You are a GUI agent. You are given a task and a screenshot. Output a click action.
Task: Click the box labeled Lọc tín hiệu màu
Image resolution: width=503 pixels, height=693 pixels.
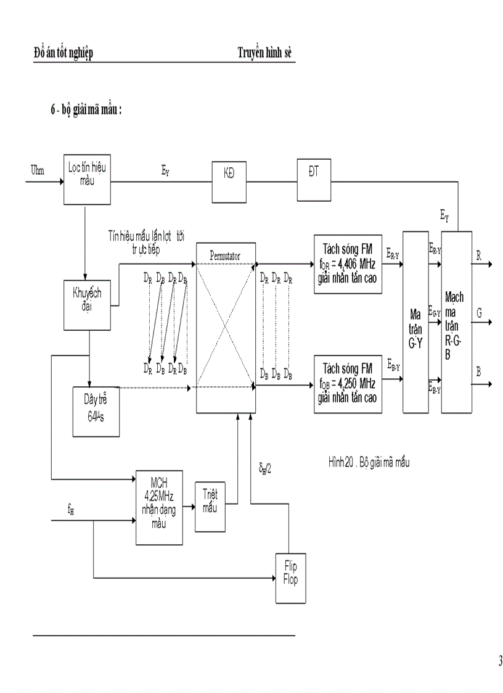(86, 180)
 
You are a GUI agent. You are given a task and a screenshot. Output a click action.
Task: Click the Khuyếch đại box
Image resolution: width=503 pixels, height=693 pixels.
(86, 304)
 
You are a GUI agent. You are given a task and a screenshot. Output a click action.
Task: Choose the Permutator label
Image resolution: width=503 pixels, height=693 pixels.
(224, 254)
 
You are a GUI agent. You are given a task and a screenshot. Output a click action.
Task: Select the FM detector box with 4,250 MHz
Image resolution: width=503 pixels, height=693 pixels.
(348, 384)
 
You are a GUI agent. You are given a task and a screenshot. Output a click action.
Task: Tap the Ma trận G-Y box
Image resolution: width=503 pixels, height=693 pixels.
(415, 322)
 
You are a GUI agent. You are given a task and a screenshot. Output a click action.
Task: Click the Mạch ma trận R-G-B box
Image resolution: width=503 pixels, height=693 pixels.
(456, 322)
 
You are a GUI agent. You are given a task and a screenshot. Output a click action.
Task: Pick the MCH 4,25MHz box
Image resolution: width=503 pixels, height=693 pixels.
(159, 507)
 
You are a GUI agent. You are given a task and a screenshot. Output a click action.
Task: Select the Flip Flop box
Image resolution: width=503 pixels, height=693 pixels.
(290, 578)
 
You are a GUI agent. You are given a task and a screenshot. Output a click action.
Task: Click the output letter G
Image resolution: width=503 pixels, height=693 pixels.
(478, 313)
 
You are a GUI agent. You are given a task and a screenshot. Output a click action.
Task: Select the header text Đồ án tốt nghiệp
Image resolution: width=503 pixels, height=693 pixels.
(63, 54)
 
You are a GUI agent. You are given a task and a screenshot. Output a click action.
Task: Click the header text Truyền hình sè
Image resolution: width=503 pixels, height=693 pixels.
(264, 54)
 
